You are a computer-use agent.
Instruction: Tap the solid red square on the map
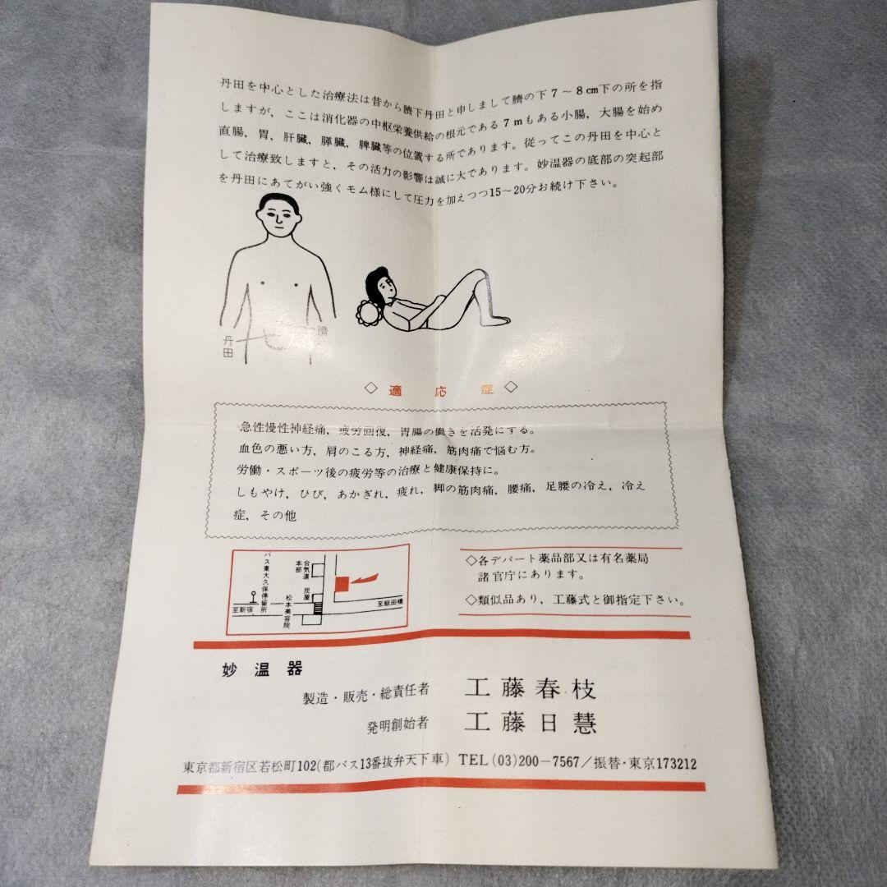click(339, 583)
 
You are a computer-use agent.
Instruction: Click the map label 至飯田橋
click(382, 604)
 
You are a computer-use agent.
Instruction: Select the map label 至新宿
click(244, 610)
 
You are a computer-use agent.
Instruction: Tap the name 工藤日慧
click(531, 723)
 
